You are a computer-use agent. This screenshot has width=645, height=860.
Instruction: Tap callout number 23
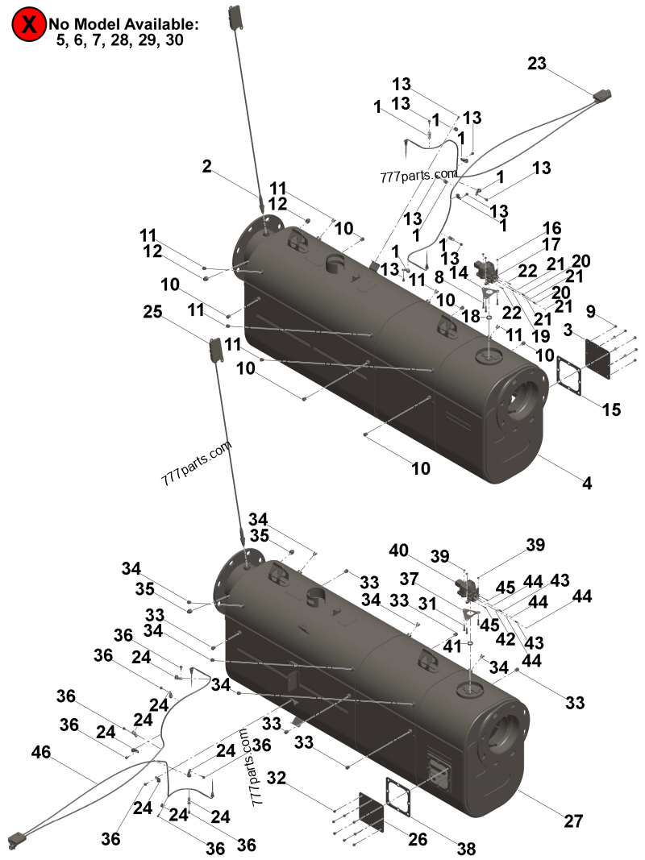pos(538,64)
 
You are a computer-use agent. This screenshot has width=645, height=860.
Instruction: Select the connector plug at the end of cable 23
pos(602,98)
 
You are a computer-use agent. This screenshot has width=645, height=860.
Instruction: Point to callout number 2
pos(207,167)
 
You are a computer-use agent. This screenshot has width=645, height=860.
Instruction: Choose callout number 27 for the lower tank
pos(573,821)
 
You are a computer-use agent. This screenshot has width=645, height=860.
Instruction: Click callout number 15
pos(612,409)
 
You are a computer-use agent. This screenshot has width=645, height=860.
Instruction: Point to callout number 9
pos(591,311)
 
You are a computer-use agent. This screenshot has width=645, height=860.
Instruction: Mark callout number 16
pos(551,228)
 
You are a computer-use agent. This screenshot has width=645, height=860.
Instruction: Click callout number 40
pos(398,551)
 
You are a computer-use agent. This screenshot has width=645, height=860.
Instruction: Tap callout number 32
pos(277,779)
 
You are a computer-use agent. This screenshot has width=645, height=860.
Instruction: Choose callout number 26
pos(417,839)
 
